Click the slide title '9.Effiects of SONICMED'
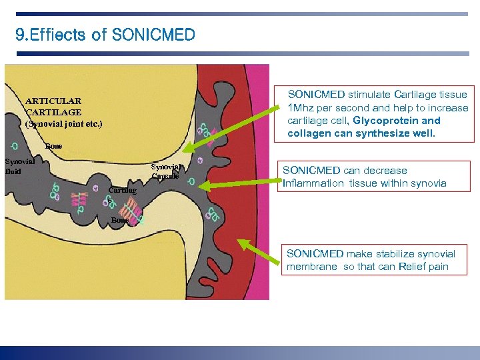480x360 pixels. point(105,35)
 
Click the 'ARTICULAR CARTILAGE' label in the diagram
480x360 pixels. point(53,107)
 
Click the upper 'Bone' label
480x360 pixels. point(53,146)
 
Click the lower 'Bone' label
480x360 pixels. point(120,220)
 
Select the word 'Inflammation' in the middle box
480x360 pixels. point(312,183)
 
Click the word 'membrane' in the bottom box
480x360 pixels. point(312,267)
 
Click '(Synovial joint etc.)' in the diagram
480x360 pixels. point(64,124)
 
